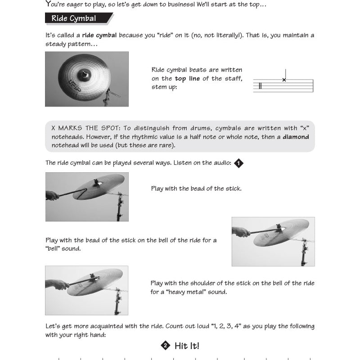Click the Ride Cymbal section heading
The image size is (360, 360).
(74, 18)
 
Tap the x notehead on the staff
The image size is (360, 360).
(284, 80)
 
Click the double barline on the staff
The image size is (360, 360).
(260, 85)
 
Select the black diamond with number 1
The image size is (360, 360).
(239, 163)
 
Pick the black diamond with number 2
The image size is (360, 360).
(165, 346)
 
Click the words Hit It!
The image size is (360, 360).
(187, 346)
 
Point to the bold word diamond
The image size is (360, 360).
(296, 137)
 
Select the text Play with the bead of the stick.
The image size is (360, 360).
(196, 188)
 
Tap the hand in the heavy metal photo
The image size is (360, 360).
(56, 284)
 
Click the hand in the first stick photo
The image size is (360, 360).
(52, 195)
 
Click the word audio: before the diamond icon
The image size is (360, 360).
(220, 163)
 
